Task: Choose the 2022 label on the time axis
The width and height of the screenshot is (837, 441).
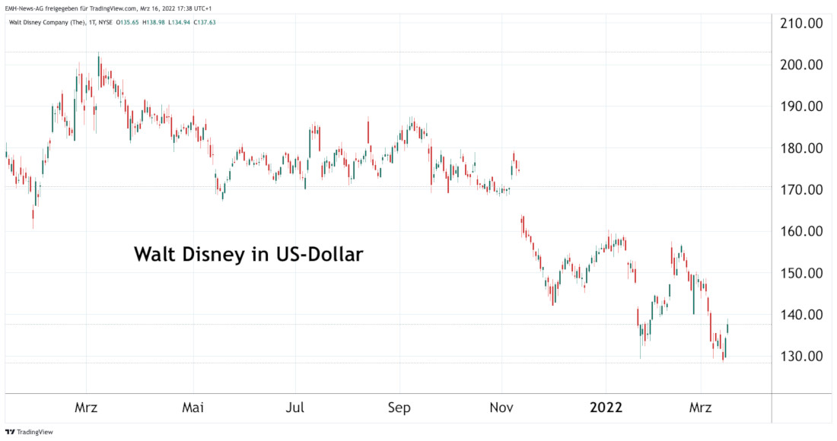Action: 606,408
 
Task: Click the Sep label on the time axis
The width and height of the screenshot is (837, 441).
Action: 399,408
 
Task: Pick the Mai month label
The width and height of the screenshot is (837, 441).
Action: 193,408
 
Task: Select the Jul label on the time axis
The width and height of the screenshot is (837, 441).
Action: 295,408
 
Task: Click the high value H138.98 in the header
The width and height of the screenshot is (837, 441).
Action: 154,23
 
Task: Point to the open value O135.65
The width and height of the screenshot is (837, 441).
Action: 129,23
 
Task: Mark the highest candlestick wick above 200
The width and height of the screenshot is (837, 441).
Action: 99,55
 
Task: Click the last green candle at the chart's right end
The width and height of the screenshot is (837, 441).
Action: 728,328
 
